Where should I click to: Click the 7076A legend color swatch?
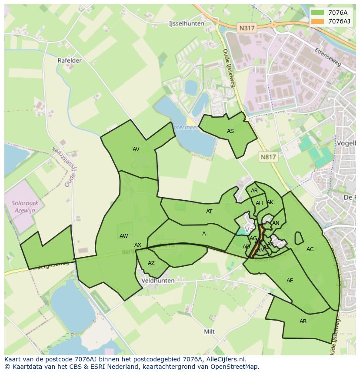pos(318,13)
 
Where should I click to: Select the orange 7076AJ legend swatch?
pos(318,21)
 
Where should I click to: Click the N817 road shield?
pos(268,157)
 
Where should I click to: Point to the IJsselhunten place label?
pos(187,24)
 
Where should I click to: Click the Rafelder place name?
pos(70,61)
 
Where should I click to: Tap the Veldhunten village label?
pos(158,281)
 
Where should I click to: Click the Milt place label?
pos(210,331)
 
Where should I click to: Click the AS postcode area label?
pos(230,131)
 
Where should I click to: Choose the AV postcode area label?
pos(136,149)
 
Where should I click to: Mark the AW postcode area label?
pos(124,236)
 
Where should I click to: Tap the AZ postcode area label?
pos(151,263)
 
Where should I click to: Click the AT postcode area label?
pos(209,212)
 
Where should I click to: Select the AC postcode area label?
pos(310,249)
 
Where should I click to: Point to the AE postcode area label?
pos(290,281)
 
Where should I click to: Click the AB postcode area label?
pos(303,321)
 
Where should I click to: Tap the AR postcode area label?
pos(254,191)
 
